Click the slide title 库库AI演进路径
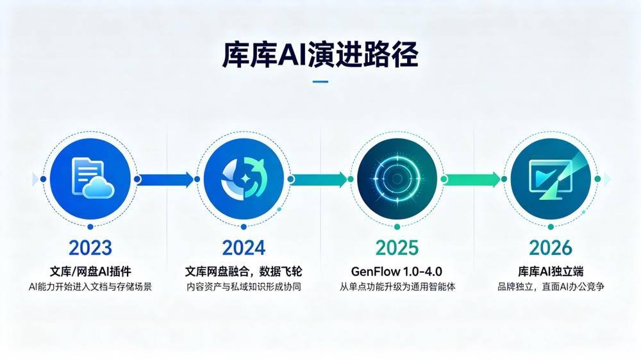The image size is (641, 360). tap(320, 54)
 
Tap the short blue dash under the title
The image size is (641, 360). tap(320, 82)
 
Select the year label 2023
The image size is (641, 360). tap(90, 248)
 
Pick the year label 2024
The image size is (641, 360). tap(244, 248)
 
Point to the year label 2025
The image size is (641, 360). tap(397, 248)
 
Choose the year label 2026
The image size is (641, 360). tap(551, 248)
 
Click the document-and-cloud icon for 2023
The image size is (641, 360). tap(92, 178)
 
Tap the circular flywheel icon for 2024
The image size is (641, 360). tap(244, 179)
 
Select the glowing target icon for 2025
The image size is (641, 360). tap(397, 179)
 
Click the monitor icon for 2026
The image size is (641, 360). tap(550, 179)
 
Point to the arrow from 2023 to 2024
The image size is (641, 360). tap(165, 179)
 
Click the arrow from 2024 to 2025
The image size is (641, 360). tap(319, 179)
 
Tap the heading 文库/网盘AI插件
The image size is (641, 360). tap(90, 272)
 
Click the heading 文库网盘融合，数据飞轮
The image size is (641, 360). tap(244, 272)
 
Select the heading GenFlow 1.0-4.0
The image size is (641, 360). tap(397, 272)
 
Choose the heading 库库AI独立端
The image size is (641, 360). tap(551, 272)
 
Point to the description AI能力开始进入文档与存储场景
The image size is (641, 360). tap(90, 287)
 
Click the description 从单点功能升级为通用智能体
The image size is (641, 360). tap(397, 287)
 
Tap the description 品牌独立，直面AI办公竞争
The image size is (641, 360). tap(551, 287)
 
